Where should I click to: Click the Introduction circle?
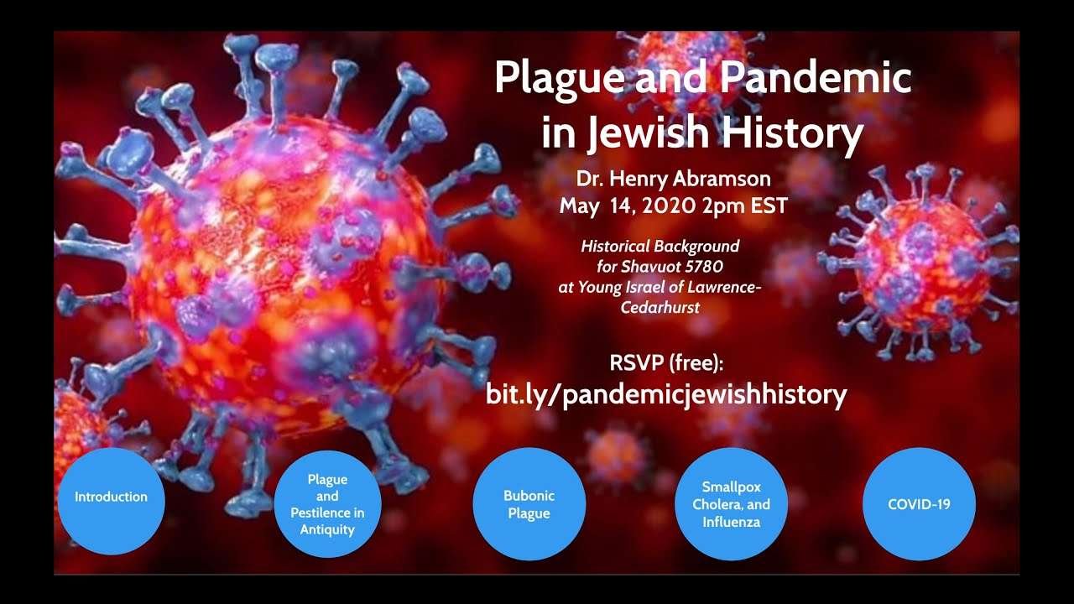tap(112, 502)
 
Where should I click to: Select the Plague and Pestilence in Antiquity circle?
tap(327, 504)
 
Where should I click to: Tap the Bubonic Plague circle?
tap(529, 504)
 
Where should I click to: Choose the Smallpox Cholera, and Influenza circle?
tap(731, 504)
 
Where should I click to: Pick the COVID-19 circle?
tap(919, 504)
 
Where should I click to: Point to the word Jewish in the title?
tap(649, 133)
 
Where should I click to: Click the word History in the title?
tap(793, 133)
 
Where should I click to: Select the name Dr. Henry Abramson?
tap(673, 179)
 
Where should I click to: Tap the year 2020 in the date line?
tap(669, 206)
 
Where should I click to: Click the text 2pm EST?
tap(744, 206)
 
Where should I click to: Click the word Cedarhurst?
tap(660, 307)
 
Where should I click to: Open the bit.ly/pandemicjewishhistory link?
tap(666, 394)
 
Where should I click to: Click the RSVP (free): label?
tap(666, 363)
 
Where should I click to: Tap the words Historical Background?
tap(660, 247)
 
